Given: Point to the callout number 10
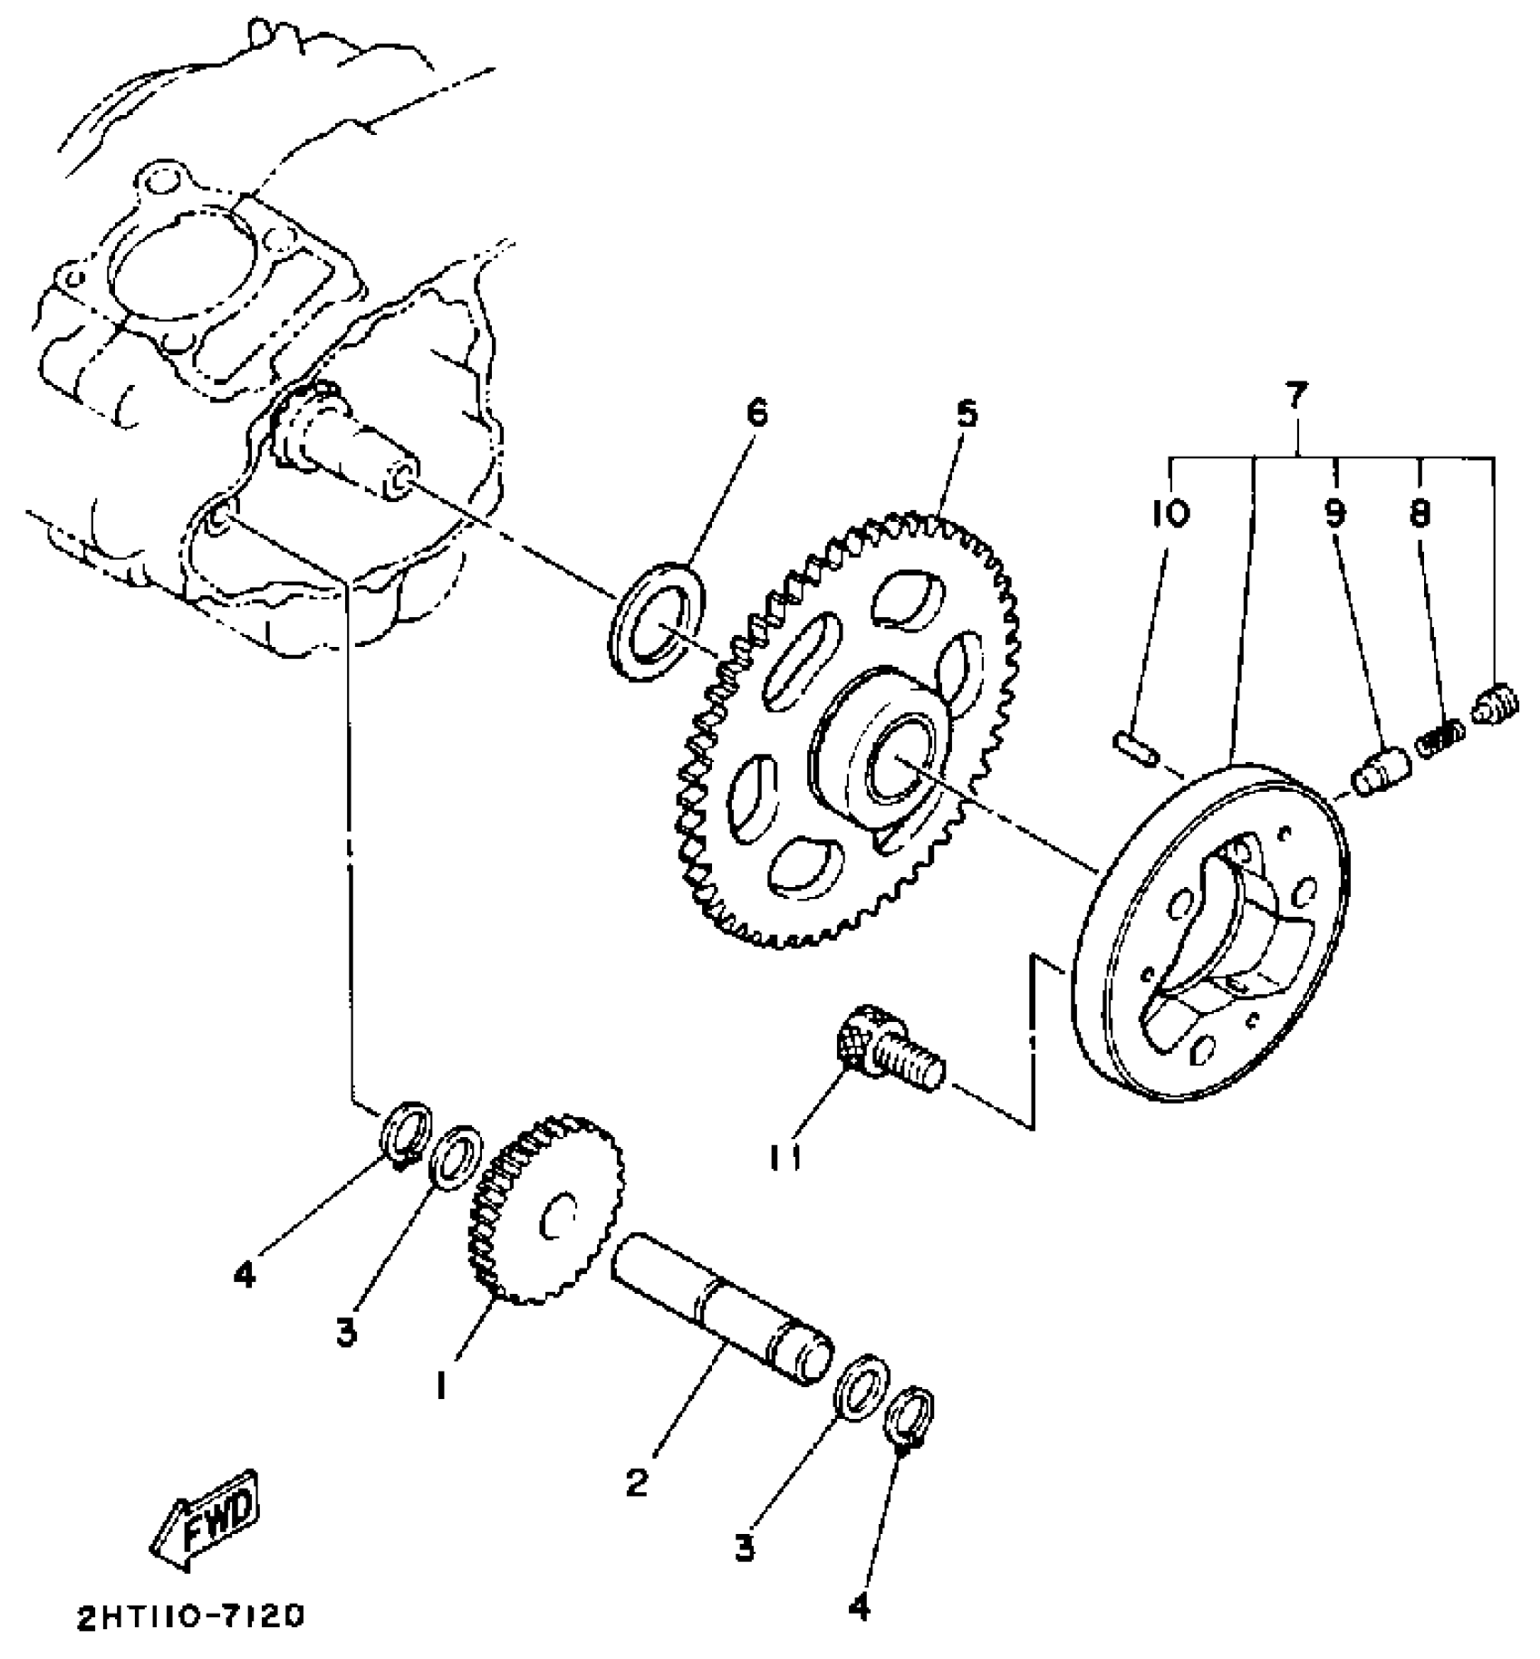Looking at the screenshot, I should (x=1170, y=514).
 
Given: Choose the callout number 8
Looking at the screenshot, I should (x=1419, y=514).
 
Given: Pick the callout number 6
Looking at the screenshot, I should (x=756, y=413).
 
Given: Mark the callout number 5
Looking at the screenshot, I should (x=967, y=413).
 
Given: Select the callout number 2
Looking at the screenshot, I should (x=637, y=1483).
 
